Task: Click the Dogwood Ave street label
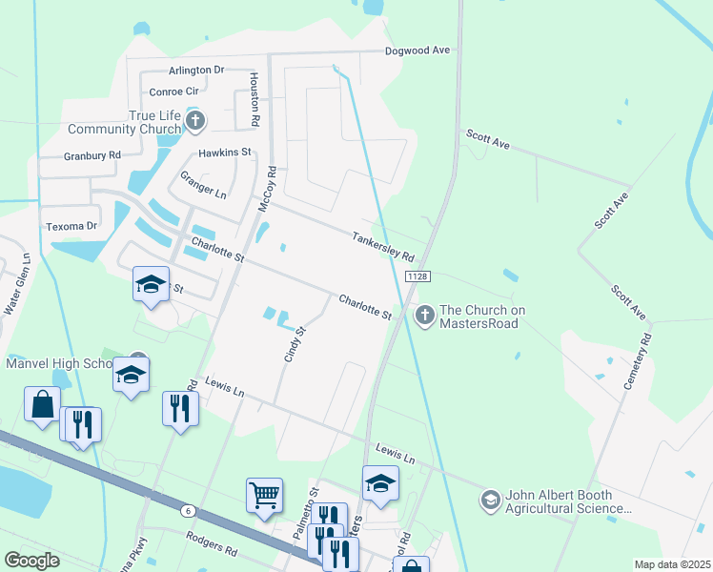tap(417, 51)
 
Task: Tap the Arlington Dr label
tap(195, 71)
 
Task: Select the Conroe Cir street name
tap(173, 92)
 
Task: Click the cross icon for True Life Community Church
tap(195, 121)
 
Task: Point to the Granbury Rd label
tap(92, 155)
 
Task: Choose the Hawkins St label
tap(224, 153)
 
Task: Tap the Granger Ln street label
tap(204, 185)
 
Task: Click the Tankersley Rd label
tap(382, 247)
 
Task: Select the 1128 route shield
tap(416, 276)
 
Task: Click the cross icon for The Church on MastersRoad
tap(423, 312)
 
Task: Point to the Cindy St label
tap(293, 344)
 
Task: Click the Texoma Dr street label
tap(72, 227)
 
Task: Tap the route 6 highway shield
tap(189, 511)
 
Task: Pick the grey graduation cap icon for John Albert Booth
tap(490, 500)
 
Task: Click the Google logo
tap(31, 561)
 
